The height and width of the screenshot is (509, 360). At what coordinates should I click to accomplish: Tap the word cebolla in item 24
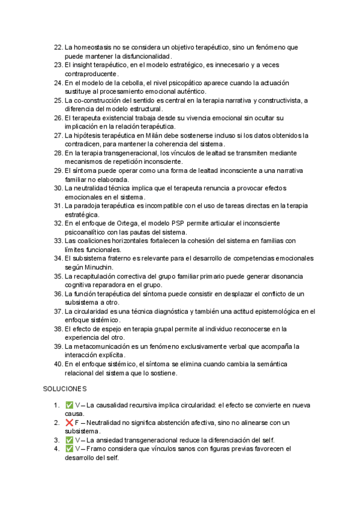click(134, 82)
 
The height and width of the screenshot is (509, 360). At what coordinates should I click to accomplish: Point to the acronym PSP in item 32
click(170, 223)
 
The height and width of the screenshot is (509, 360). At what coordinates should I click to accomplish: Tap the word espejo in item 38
click(109, 329)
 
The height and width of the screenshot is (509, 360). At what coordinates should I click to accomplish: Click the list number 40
click(57, 364)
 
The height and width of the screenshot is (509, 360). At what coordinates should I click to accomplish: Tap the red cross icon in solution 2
click(69, 423)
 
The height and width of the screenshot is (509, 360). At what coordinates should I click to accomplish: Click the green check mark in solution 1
click(69, 405)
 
